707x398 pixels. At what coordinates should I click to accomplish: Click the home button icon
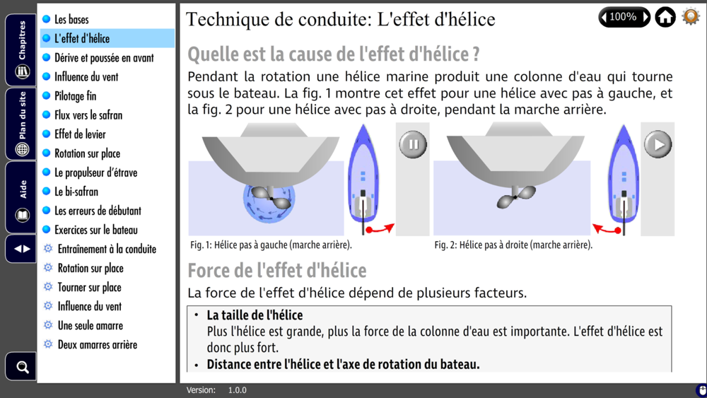[x=665, y=17]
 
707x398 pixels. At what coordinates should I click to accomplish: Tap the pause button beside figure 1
[x=413, y=144]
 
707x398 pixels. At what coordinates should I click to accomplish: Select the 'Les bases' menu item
[x=71, y=19]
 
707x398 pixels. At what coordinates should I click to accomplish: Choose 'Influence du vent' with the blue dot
[x=86, y=77]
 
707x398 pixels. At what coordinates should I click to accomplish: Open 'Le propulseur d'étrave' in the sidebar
[x=95, y=172]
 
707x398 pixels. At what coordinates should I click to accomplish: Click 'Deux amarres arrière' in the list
[x=98, y=345]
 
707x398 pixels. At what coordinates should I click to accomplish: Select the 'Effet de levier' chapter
[x=81, y=134]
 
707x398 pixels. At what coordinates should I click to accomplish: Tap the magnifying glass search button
[x=21, y=367]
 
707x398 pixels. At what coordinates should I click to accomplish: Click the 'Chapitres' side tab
[x=21, y=50]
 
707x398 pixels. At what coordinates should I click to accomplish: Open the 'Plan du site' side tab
[x=21, y=124]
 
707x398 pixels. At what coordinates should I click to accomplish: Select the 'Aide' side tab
[x=21, y=198]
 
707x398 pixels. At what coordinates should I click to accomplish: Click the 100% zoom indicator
[x=624, y=17]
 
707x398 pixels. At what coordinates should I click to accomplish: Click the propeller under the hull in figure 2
[x=516, y=197]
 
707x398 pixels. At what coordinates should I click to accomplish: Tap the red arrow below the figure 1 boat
[x=380, y=228]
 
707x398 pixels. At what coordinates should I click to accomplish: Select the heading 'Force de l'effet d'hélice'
[x=277, y=271]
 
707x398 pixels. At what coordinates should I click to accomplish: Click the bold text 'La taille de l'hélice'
[x=255, y=315]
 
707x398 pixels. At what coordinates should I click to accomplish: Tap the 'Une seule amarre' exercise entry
[x=90, y=325]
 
